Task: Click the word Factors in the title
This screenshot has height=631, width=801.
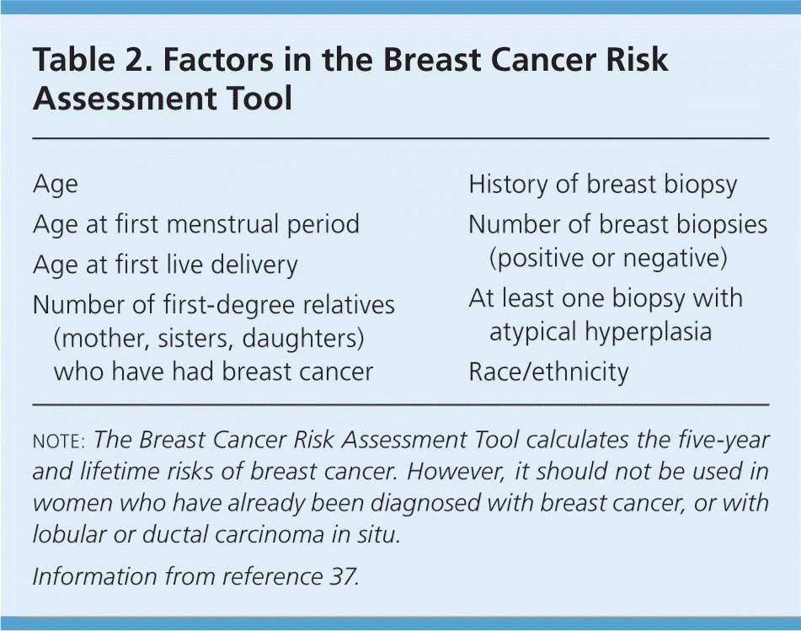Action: (219, 59)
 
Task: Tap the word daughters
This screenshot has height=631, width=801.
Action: (302, 339)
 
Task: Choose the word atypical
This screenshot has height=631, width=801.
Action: (533, 332)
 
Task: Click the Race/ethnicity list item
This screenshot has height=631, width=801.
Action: (548, 372)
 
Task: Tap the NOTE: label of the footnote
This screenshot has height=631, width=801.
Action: (59, 441)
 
